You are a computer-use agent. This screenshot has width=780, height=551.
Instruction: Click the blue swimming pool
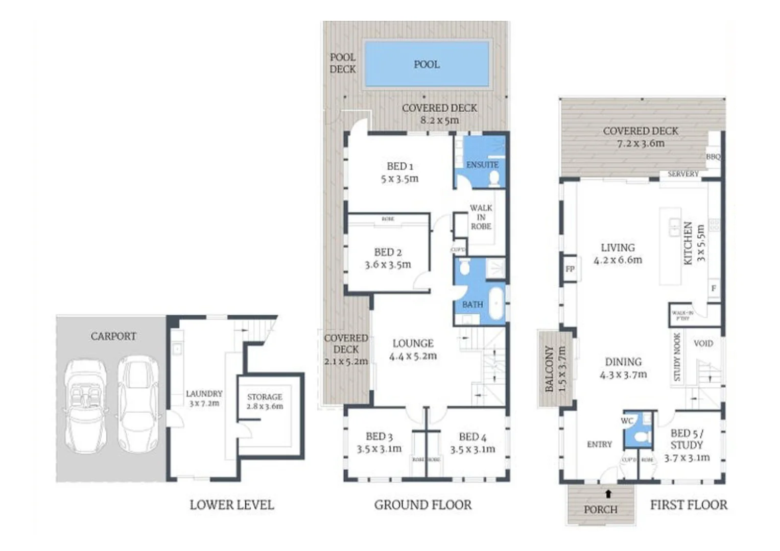point(426,64)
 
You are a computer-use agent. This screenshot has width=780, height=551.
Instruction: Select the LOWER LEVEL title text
point(231,505)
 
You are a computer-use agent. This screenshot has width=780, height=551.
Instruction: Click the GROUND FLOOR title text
point(422,505)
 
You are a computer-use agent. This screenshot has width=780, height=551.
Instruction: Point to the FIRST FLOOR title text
point(688,505)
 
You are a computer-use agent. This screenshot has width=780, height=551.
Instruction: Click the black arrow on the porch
point(608,493)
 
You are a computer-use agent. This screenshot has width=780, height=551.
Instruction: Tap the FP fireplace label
point(570,269)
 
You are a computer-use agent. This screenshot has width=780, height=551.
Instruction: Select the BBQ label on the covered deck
point(713,157)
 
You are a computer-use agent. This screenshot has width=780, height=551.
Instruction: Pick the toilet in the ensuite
point(494,178)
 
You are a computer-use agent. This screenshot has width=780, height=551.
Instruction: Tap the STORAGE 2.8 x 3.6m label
point(265,402)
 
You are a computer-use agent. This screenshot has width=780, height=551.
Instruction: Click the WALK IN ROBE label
point(481,217)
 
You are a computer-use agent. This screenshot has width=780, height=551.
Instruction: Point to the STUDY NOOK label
point(677,357)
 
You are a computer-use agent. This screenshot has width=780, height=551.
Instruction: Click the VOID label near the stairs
point(703,343)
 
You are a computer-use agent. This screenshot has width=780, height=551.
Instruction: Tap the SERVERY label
point(682,174)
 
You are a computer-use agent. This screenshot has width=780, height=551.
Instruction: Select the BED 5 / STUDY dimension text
point(687,458)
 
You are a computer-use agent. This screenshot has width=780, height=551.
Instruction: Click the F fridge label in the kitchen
point(714,288)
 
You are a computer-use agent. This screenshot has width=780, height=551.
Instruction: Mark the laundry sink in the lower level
point(177,349)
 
